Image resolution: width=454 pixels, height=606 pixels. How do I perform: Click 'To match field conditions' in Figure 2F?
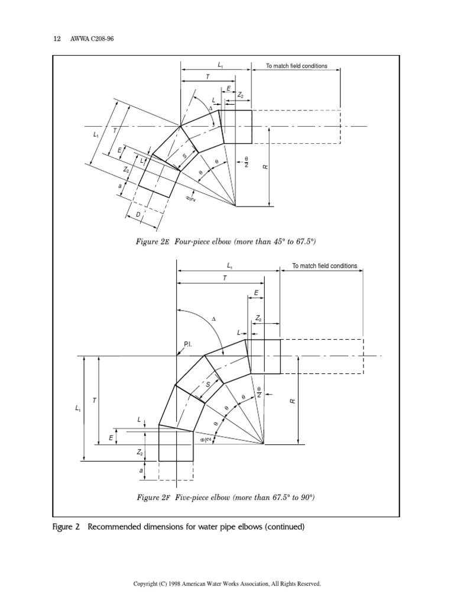325,266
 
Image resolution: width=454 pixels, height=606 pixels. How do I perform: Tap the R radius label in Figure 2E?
266,167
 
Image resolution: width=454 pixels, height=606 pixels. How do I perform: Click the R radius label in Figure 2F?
292,401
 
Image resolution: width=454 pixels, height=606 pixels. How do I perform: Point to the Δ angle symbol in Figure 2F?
214,319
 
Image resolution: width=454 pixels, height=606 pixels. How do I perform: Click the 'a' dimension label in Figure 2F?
141,470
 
